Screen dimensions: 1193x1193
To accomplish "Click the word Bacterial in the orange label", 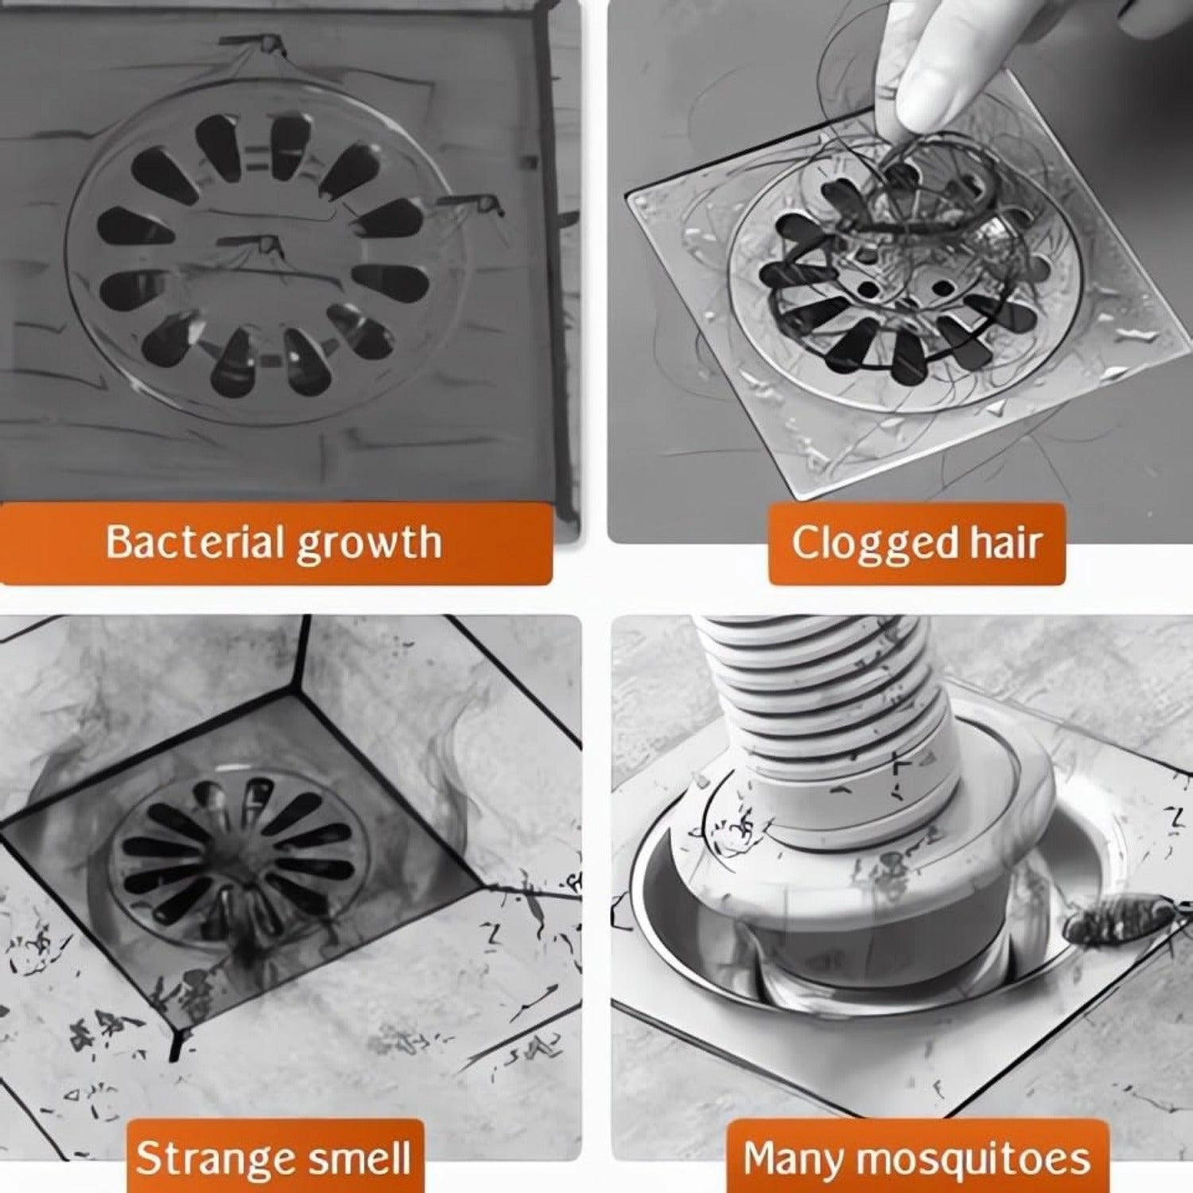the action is tap(196, 542).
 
